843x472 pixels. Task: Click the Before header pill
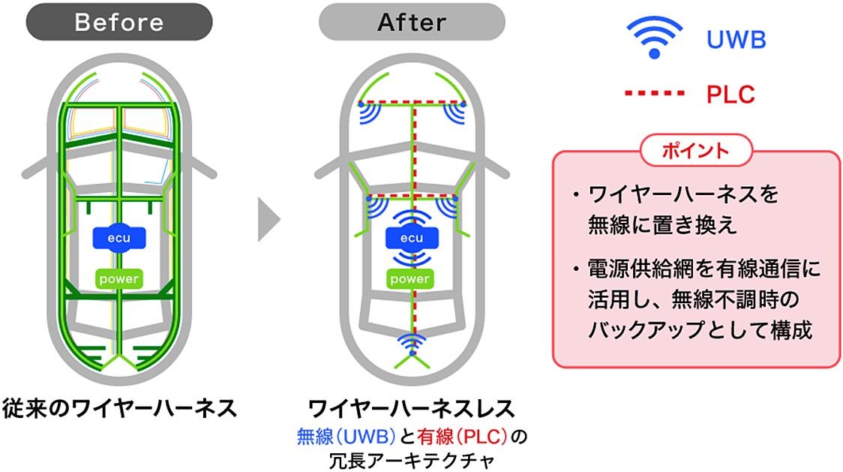click(119, 22)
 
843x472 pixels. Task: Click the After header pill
click(412, 22)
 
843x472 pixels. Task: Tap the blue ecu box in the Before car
click(119, 238)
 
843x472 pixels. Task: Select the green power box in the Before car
click(119, 279)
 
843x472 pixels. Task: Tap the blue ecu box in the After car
click(412, 239)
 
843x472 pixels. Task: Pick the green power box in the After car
click(412, 279)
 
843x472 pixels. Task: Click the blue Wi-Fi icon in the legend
click(654, 38)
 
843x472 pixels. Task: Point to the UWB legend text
click(736, 39)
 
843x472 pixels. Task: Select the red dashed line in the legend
click(654, 95)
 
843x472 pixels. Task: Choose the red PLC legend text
click(730, 95)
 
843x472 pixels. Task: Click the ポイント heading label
click(695, 150)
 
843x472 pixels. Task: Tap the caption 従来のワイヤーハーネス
click(119, 408)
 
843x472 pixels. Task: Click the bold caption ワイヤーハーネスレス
click(412, 408)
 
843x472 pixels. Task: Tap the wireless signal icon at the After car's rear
click(412, 342)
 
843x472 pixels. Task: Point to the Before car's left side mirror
click(33, 167)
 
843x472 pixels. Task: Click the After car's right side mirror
click(498, 167)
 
